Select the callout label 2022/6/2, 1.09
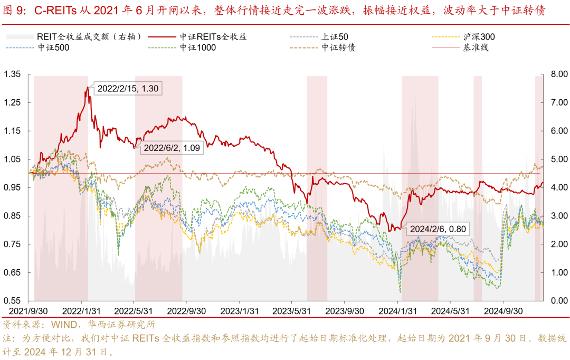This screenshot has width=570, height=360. (x=172, y=148)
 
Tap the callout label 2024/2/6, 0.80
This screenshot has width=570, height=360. (x=438, y=229)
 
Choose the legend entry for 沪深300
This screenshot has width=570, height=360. (x=479, y=37)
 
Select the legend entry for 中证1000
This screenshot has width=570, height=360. (x=197, y=47)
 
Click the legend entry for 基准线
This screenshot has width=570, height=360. (x=476, y=47)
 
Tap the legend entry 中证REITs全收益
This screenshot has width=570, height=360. (x=213, y=37)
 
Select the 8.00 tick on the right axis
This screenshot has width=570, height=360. (x=558, y=74)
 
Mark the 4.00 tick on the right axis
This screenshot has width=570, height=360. (x=558, y=187)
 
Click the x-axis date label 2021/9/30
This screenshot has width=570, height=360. (x=26, y=311)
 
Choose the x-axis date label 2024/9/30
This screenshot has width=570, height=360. (x=503, y=311)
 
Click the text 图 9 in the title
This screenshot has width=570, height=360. (x=15, y=10)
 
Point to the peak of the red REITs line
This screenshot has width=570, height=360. (x=88, y=87)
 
